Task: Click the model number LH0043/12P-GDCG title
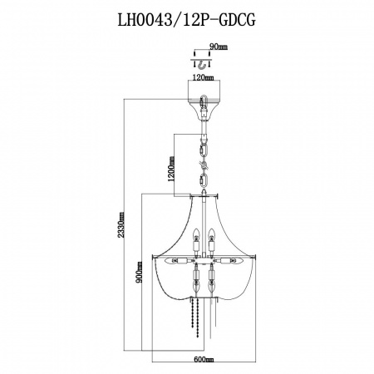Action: [186, 19]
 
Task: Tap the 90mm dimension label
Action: [219, 47]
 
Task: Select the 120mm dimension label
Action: [204, 77]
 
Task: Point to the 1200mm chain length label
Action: [171, 169]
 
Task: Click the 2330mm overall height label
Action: [121, 224]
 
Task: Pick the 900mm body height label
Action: [139, 272]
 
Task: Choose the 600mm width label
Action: [204, 360]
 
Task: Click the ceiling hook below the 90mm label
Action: [203, 66]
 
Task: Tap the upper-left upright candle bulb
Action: [196, 234]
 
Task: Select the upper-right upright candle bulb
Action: [212, 234]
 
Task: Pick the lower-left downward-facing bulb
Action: [196, 287]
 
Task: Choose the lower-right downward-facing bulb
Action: [212, 287]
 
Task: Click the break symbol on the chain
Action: [204, 165]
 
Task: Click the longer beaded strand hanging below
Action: [197, 317]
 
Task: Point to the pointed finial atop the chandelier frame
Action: [204, 193]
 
